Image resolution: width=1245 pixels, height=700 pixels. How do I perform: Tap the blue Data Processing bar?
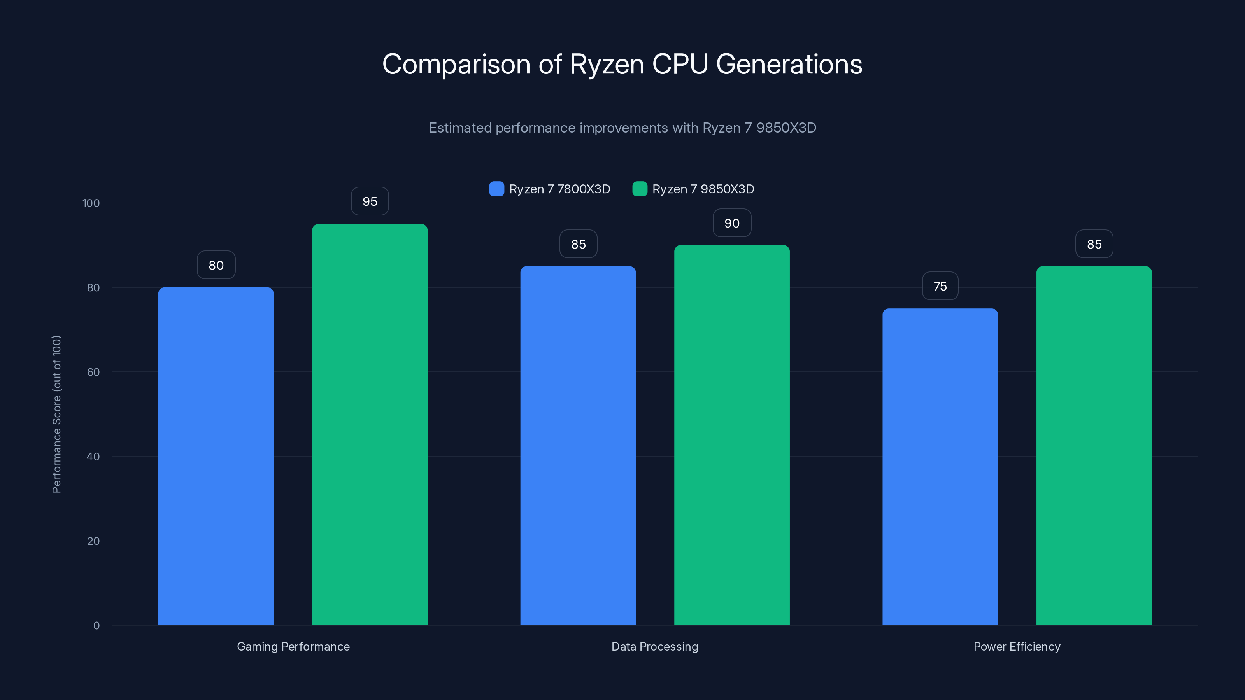point(578,445)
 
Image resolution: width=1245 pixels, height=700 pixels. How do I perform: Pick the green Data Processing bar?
point(732,435)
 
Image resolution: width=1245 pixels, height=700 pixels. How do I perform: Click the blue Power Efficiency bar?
point(940,466)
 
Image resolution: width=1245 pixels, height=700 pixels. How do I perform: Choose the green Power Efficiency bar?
point(1094,445)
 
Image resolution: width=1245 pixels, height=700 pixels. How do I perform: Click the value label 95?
point(370,201)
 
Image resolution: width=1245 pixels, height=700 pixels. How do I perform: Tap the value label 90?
point(732,223)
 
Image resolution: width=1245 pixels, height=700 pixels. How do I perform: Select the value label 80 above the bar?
point(216,265)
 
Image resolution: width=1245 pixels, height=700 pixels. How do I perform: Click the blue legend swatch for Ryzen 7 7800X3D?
point(496,189)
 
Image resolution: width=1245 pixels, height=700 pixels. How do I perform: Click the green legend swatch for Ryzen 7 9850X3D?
point(639,189)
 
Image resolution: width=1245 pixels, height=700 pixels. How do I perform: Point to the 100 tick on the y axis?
point(91,203)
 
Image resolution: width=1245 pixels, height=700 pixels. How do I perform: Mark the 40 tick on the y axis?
point(93,457)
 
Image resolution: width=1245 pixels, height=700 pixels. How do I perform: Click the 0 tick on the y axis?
point(96,626)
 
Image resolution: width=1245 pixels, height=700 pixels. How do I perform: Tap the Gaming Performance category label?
point(293,646)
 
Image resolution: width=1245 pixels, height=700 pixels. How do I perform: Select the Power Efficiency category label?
point(1017,646)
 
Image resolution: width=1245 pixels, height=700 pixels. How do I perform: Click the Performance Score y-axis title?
point(56,414)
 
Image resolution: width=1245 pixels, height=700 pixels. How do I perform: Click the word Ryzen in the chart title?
point(607,64)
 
